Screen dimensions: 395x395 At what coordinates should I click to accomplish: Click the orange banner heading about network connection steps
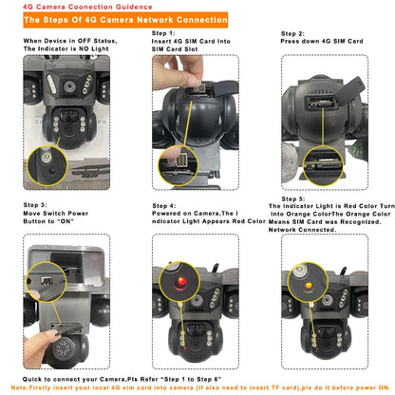coord(125,20)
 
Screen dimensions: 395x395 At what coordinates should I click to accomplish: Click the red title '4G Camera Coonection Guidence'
coord(87,7)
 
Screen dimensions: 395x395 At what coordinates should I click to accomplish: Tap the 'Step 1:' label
coord(163,33)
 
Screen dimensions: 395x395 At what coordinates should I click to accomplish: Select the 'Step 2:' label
coord(292,33)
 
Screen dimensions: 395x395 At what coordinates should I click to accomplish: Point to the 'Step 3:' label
coord(35,205)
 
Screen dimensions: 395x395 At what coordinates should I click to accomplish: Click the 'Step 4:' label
coord(164,206)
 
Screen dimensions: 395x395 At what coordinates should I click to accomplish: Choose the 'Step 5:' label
coord(293,199)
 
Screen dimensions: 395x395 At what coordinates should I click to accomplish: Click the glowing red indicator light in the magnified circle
coord(181,281)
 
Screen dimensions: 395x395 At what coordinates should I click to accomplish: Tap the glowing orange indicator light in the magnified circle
coord(309,286)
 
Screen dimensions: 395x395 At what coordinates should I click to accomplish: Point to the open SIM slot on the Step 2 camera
coord(321,103)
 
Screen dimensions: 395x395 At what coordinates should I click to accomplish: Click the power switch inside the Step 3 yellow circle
coord(47,280)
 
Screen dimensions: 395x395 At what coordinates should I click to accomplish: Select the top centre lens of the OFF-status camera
coord(68,85)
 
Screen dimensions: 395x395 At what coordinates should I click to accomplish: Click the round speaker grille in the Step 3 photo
coord(65,348)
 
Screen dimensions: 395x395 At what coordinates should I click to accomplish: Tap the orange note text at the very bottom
coord(200,387)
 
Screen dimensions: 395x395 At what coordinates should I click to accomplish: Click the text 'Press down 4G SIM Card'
coord(322,41)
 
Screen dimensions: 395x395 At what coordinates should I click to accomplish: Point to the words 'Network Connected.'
coord(302,230)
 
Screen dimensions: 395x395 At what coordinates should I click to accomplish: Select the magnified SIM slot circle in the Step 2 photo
coord(324,165)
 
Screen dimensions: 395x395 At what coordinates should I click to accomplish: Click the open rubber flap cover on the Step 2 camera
coord(349,88)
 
